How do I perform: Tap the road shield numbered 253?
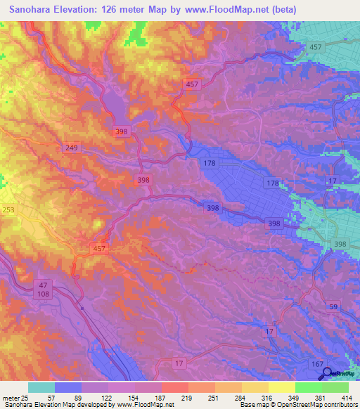click(x=7, y=209)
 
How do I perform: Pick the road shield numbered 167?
click(x=318, y=363)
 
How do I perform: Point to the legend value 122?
click(x=106, y=398)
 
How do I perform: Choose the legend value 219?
click(x=187, y=398)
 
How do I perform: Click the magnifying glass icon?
click(x=326, y=374)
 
